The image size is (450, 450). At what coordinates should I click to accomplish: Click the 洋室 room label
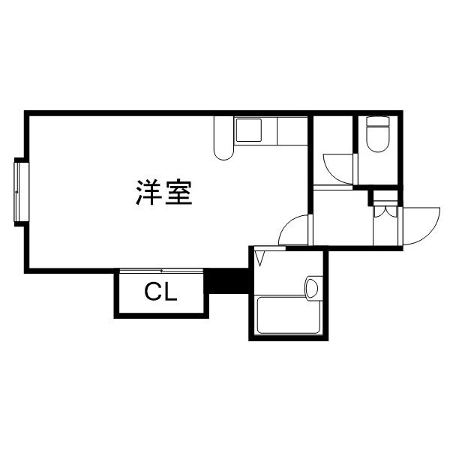[x=164, y=193]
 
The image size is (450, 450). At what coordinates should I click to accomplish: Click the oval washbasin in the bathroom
[x=313, y=286]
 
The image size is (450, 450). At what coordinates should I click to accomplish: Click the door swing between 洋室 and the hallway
[x=295, y=231]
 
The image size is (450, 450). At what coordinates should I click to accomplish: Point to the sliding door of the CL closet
[x=160, y=271]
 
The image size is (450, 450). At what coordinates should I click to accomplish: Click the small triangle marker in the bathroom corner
[x=261, y=259]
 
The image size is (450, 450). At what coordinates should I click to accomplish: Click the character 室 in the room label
[x=179, y=193]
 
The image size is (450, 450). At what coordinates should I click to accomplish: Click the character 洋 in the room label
[x=149, y=193]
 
